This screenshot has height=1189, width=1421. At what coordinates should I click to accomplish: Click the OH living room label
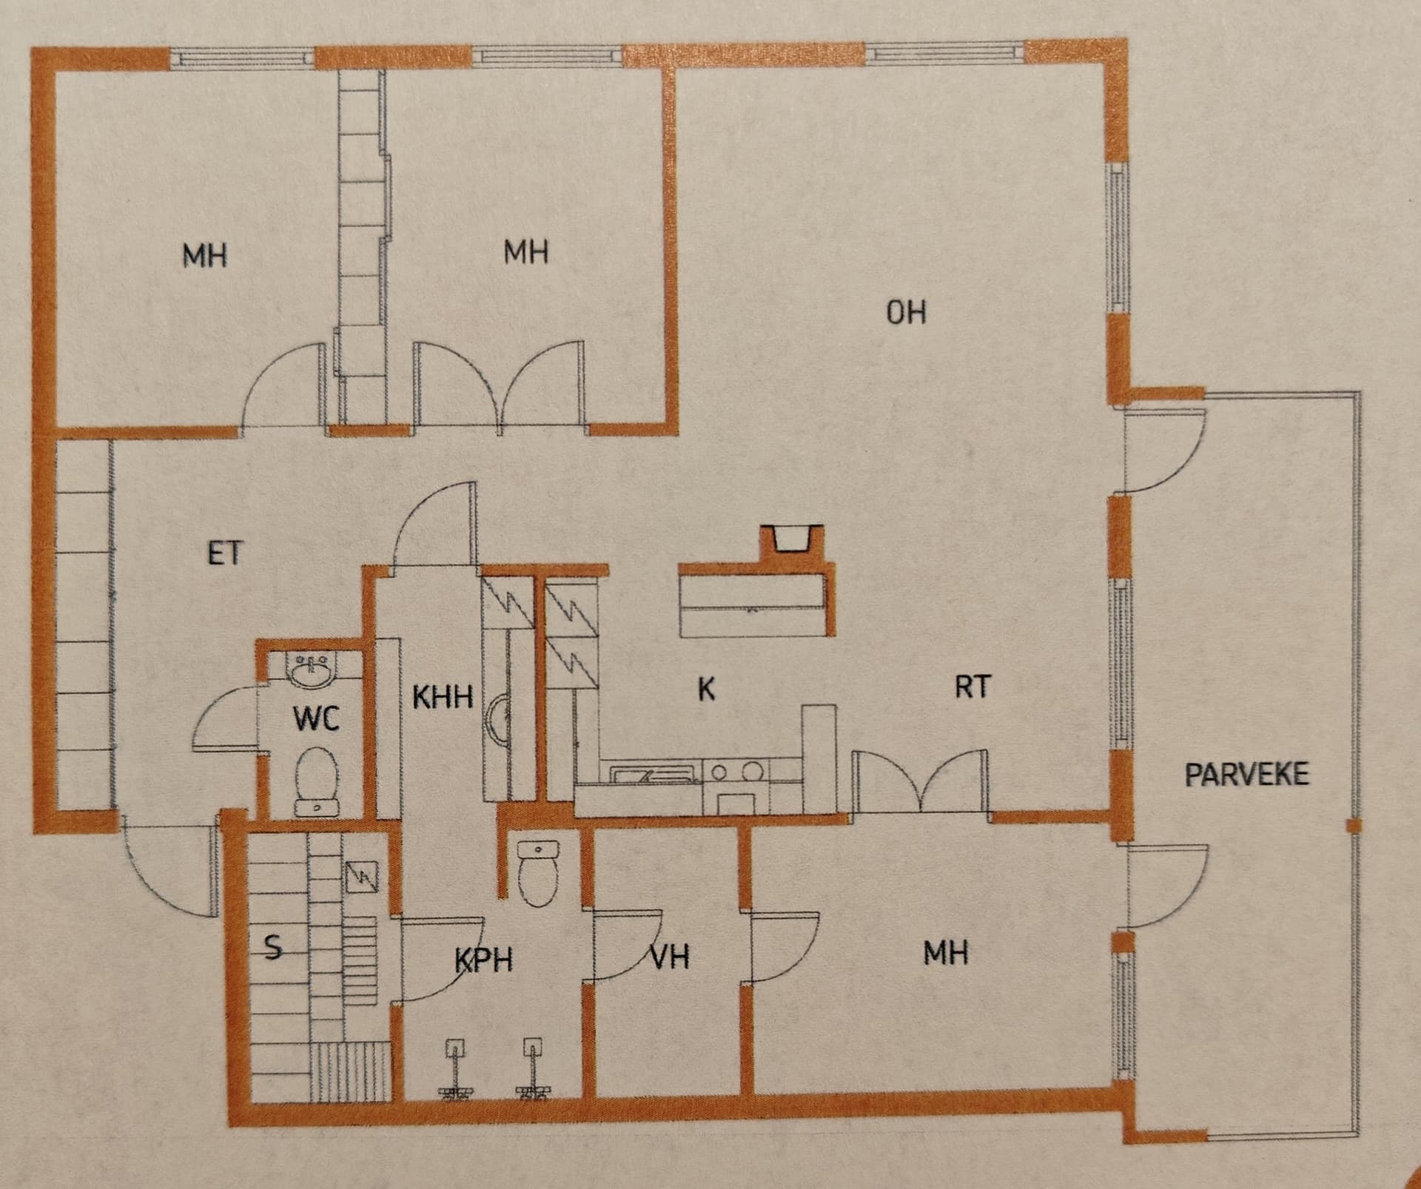click(x=906, y=312)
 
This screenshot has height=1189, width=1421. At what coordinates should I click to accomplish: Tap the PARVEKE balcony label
click(x=1246, y=775)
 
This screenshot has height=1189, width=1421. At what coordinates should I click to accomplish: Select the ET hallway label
click(x=224, y=553)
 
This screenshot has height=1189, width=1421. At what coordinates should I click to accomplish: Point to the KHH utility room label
click(x=443, y=697)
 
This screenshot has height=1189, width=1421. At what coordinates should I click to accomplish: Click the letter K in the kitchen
click(x=707, y=689)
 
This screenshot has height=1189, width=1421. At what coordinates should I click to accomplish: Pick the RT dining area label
click(x=972, y=687)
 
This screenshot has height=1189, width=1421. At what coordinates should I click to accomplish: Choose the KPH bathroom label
click(x=483, y=960)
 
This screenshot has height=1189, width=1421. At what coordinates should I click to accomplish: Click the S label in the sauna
click(x=273, y=947)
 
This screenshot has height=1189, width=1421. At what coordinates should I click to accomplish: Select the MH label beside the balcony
click(x=946, y=953)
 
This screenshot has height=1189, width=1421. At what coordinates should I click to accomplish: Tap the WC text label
click(x=316, y=718)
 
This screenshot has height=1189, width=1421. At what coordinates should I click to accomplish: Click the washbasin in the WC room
click(x=312, y=671)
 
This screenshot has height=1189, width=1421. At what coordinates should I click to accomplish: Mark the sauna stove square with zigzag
click(x=363, y=878)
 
